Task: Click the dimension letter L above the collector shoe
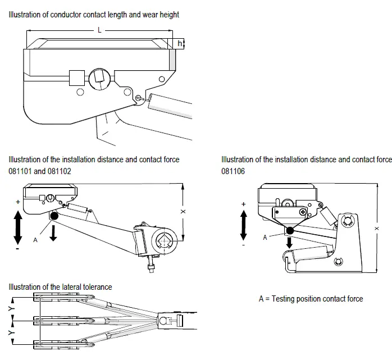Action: pos(99,30)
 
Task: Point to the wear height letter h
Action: pos(179,43)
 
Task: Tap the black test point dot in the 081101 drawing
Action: pos(54,216)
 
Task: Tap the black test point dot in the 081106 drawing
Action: pos(290,230)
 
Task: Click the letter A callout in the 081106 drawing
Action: pos(266,237)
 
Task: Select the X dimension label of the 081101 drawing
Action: pos(183,212)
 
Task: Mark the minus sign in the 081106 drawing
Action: pos(243,245)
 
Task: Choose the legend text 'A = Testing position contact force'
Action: pos(311,299)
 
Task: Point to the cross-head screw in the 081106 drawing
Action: pos(303,212)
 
